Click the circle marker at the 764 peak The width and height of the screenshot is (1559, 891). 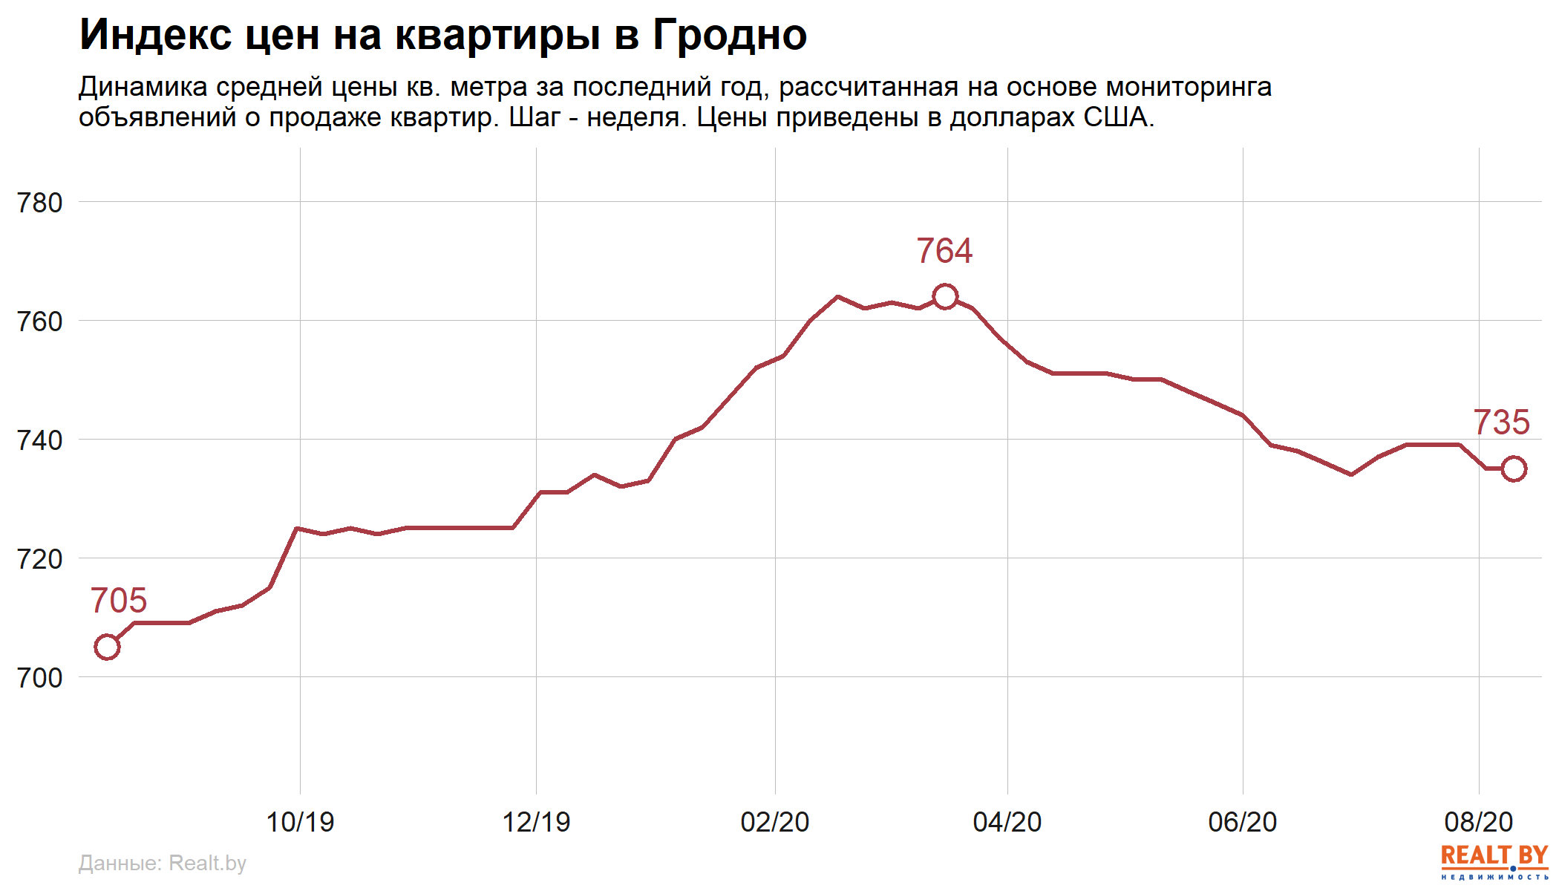(944, 296)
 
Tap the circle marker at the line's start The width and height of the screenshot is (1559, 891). (107, 647)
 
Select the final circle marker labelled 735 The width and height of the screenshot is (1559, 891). (1514, 469)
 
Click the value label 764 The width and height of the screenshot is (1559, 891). (944, 251)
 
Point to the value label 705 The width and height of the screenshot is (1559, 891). (119, 601)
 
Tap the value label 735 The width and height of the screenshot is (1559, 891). (1501, 422)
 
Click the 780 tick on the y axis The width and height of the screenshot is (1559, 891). (40, 203)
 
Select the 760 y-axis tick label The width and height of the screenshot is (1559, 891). (40, 322)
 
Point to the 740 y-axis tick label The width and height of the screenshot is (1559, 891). (40, 440)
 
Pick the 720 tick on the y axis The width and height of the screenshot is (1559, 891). (40, 559)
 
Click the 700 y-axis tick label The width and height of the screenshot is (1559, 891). (40, 678)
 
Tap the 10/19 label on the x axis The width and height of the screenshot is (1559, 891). (300, 822)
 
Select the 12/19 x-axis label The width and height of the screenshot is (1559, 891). (536, 822)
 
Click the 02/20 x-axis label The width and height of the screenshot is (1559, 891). (774, 822)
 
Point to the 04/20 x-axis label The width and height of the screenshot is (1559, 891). (1007, 822)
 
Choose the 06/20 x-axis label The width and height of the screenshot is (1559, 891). (1242, 822)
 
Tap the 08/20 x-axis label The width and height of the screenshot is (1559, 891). (1478, 822)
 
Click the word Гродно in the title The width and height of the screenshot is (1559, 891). (730, 35)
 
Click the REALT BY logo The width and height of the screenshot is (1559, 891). (1494, 861)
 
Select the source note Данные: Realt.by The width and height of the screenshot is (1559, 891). (162, 863)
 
